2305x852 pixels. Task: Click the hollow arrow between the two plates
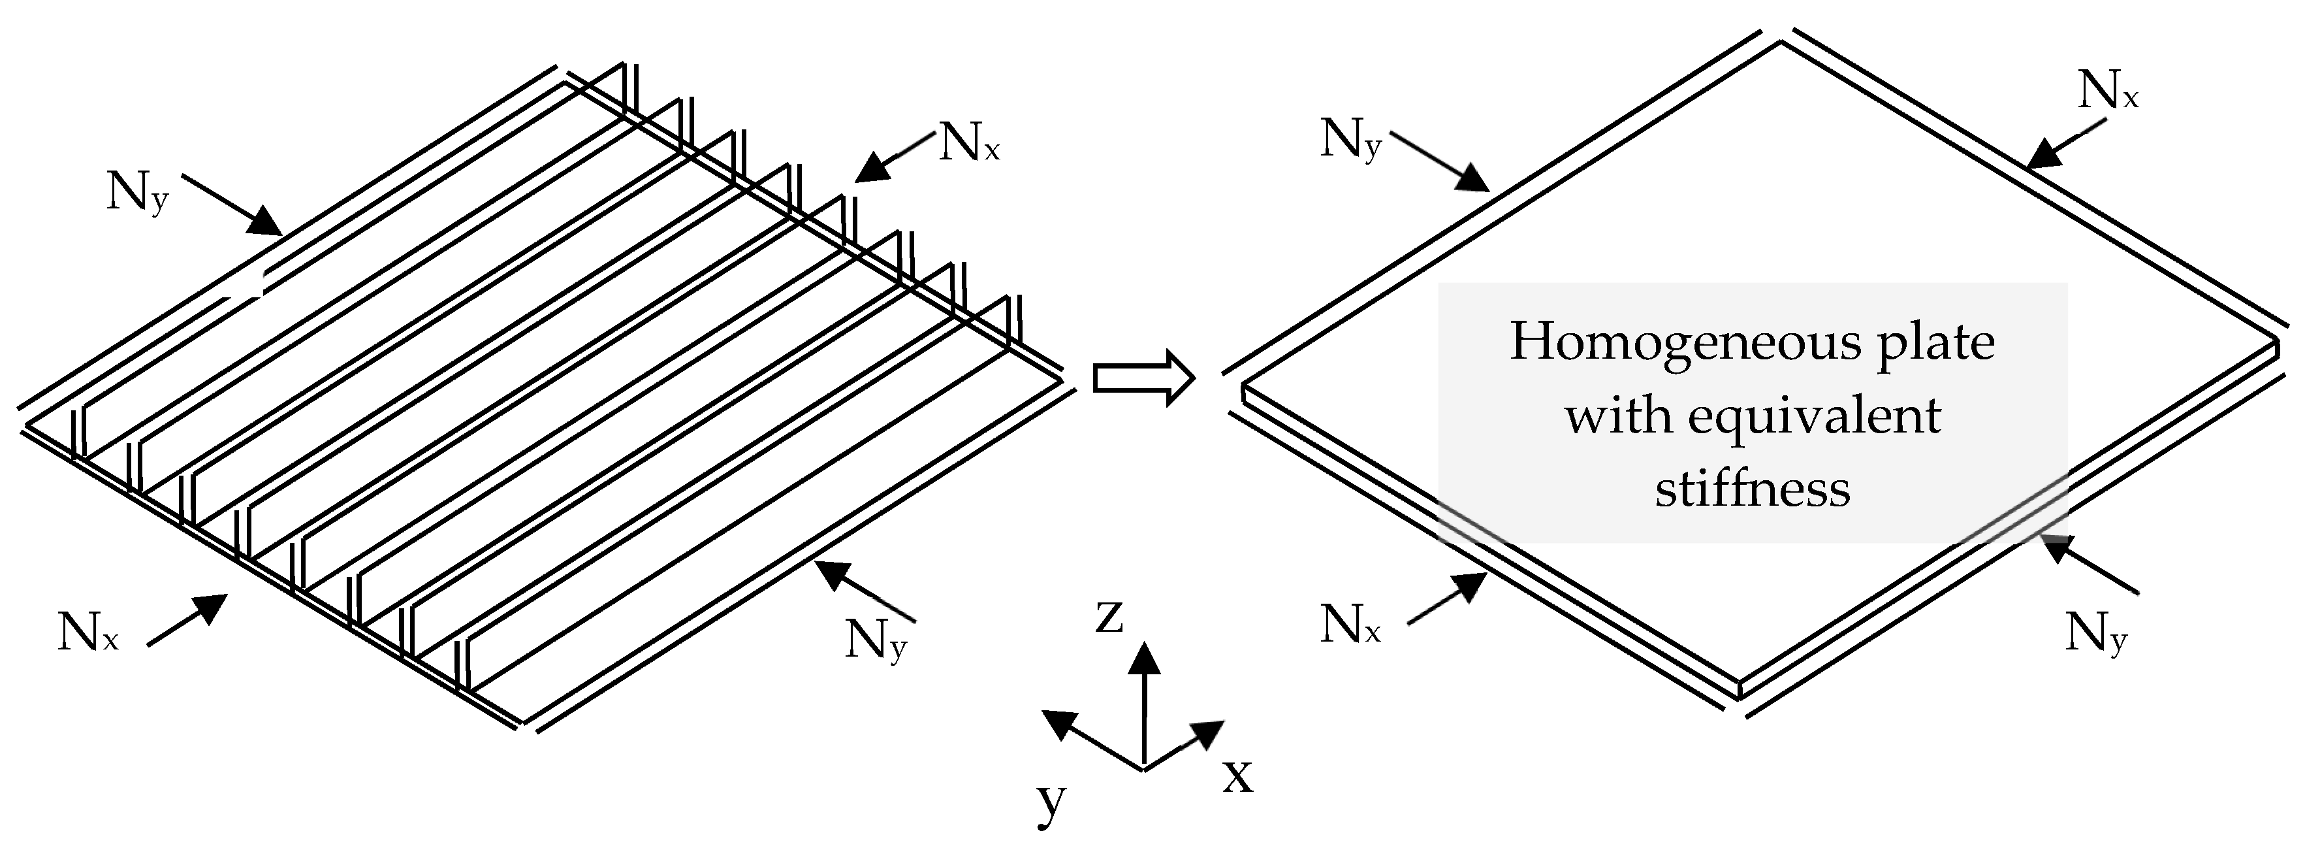[1143, 380]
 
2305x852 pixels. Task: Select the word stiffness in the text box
[1752, 489]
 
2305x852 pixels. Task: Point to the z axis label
[1109, 615]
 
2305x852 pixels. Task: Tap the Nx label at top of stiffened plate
[968, 143]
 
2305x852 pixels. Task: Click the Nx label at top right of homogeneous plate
[2107, 91]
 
